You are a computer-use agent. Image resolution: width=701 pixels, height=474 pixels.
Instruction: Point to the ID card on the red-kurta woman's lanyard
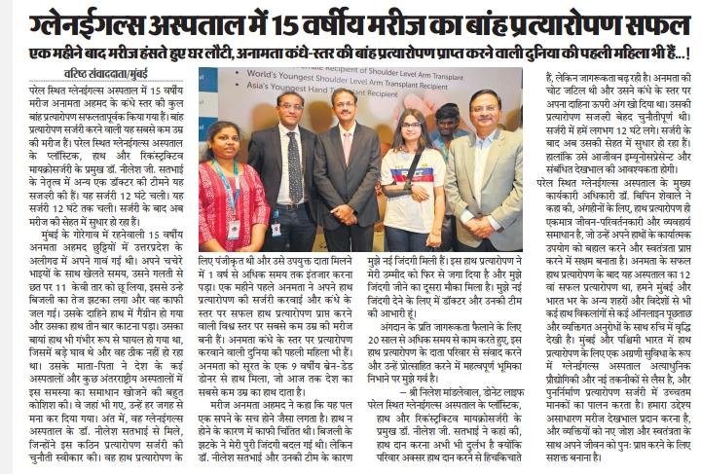pyautogui.click(x=233, y=230)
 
